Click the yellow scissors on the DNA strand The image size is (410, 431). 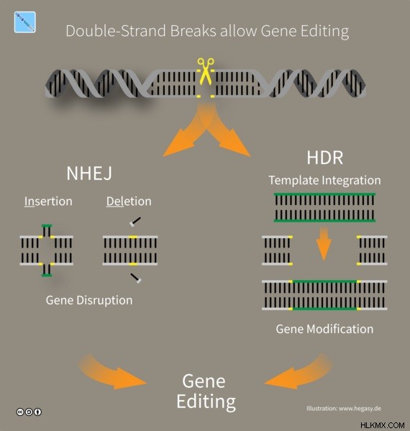coord(206,71)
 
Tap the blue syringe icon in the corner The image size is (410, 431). coord(24,22)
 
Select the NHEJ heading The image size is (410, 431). coord(89,173)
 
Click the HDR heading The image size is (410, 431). coord(325,158)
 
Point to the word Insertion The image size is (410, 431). coord(48,201)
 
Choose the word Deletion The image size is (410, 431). coord(129,201)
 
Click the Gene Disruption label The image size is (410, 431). coord(89,300)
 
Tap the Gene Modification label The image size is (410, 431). coord(324,329)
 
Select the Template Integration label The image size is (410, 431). coord(325,181)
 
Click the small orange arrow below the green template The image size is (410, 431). coord(324,244)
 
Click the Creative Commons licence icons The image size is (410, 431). coord(29,412)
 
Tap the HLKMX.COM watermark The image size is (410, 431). coord(382,425)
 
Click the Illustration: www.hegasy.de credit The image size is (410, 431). coord(344,409)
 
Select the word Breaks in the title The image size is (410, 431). coord(193,31)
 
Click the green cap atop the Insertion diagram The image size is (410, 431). coord(47,226)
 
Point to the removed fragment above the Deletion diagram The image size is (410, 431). coord(135,222)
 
